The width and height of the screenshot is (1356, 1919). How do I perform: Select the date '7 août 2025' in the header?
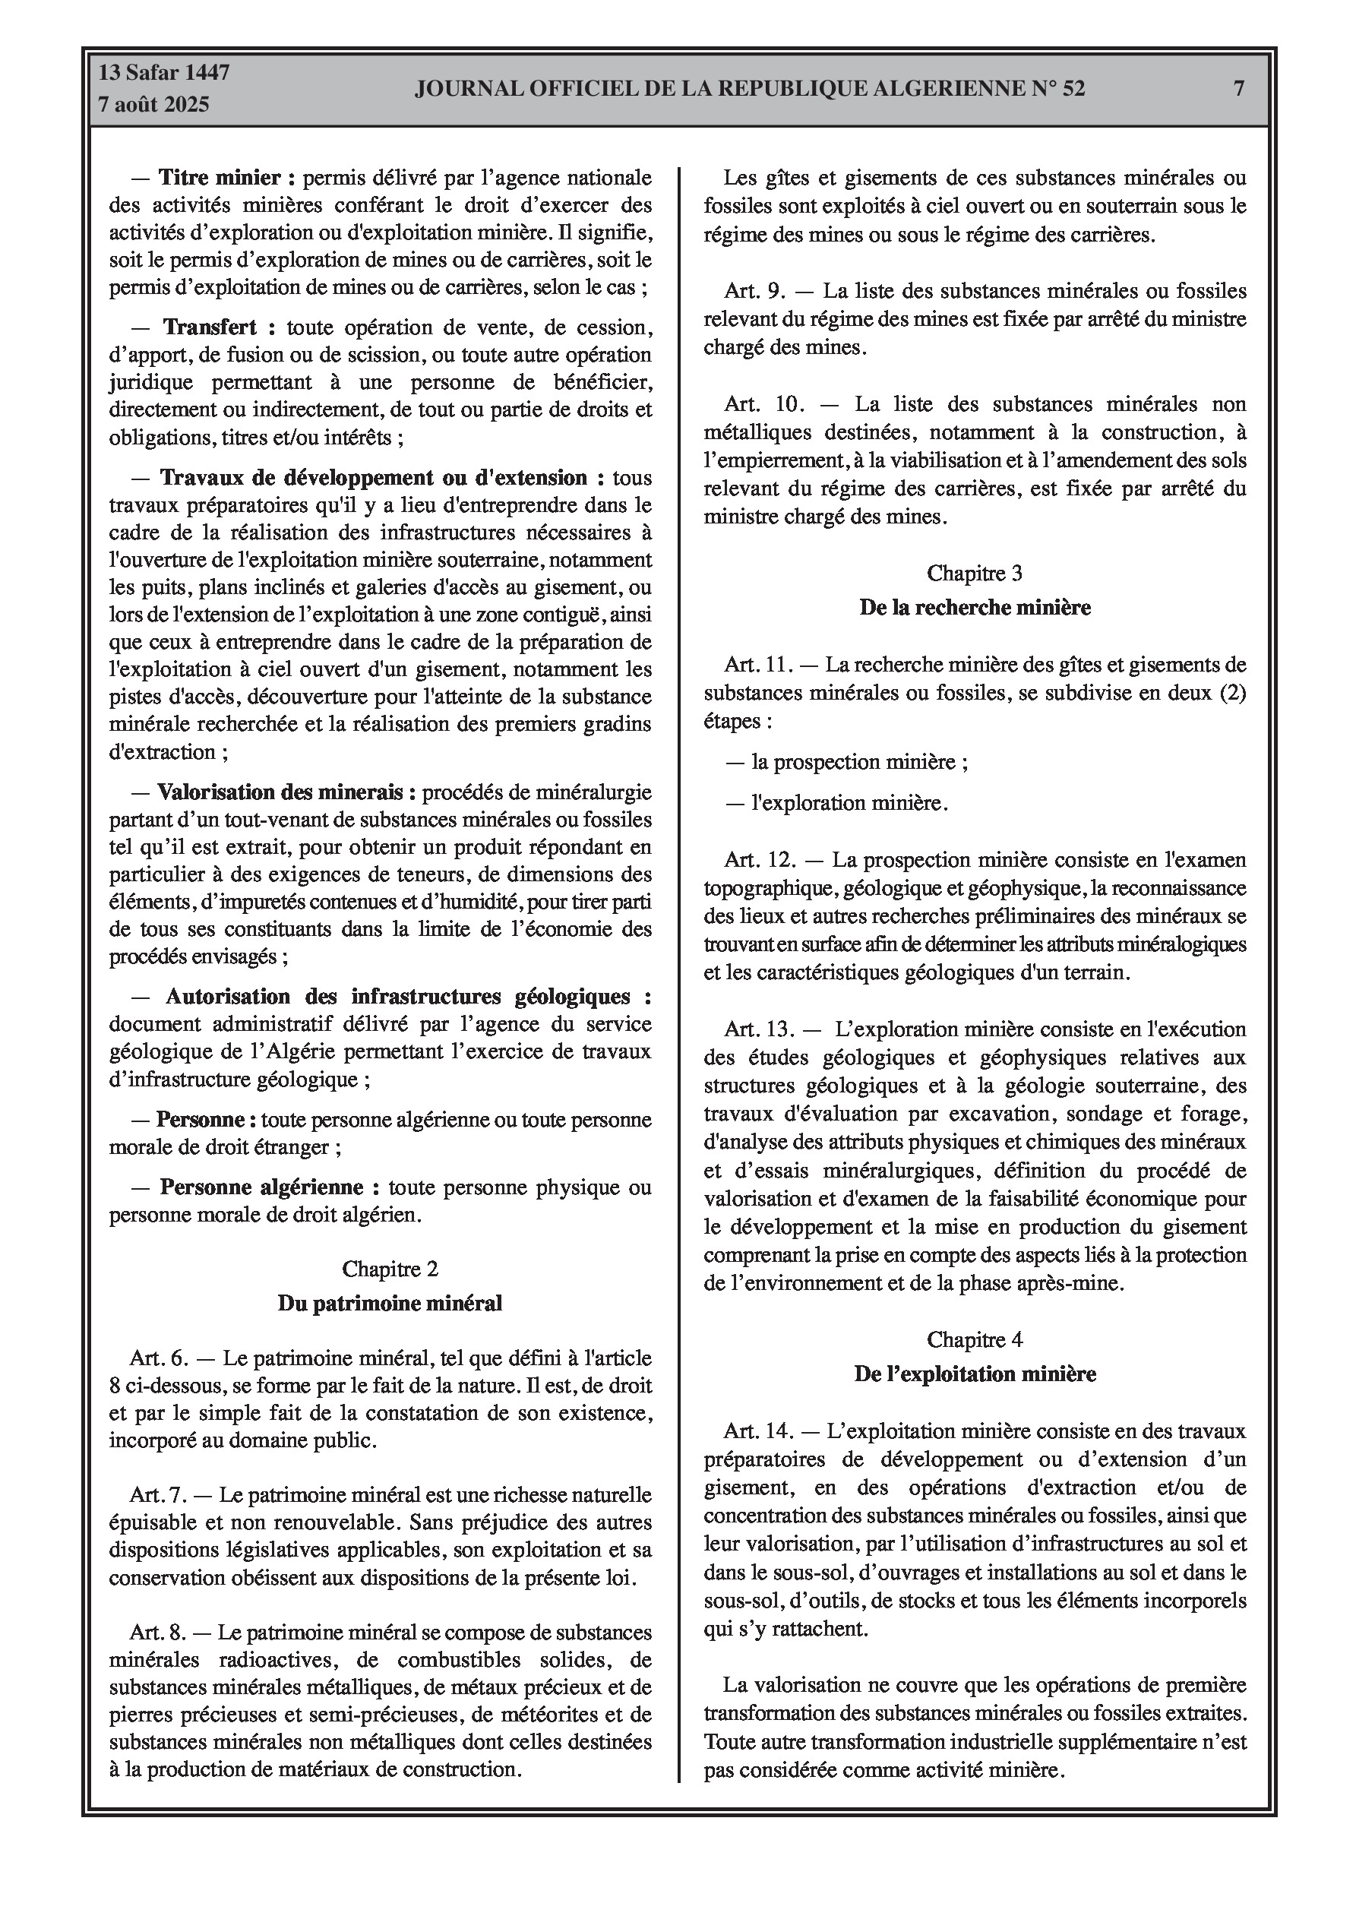pos(153,106)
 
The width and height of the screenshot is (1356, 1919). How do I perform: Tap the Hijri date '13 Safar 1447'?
pos(164,73)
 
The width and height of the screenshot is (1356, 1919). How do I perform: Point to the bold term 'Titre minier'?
pos(226,177)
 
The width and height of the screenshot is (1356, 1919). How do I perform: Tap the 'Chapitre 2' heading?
pos(390,1269)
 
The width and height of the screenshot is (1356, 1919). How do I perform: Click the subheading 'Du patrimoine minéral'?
pos(390,1303)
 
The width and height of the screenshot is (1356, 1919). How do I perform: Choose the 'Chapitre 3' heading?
pos(974,574)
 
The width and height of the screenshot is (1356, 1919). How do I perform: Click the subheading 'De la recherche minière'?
pos(974,608)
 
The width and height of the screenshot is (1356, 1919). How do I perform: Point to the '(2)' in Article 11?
pos(1232,693)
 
